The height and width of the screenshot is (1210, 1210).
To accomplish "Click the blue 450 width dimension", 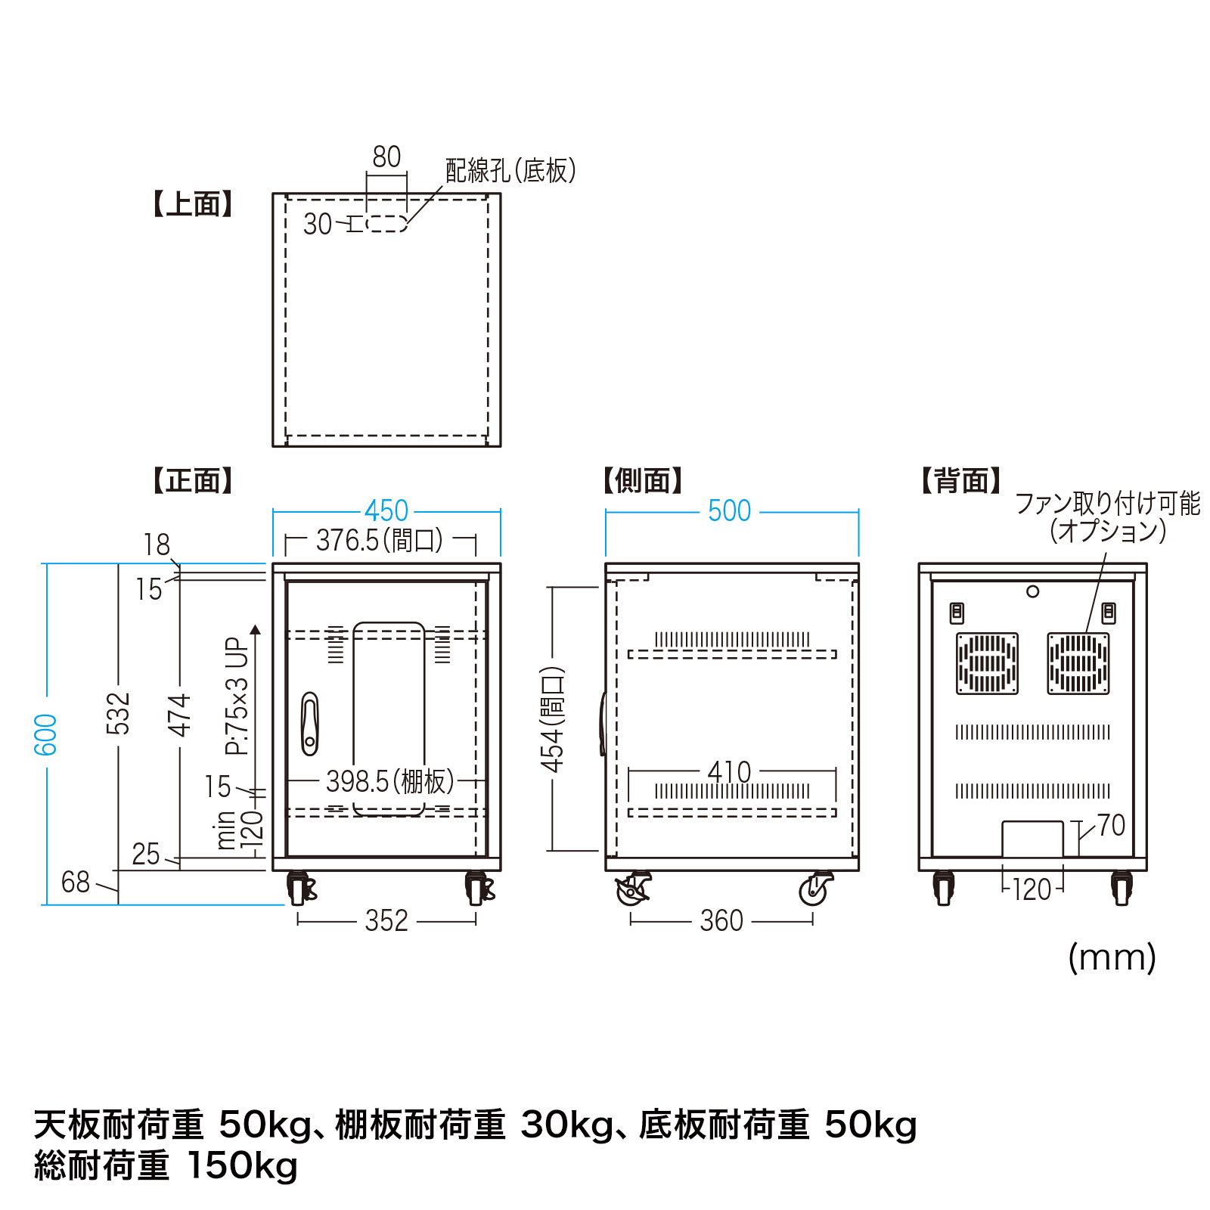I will (x=386, y=511).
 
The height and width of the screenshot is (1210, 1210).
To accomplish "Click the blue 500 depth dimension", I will (x=729, y=511).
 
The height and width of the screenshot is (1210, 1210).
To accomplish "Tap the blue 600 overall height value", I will (x=46, y=734).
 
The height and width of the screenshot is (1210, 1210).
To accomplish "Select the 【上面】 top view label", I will (x=192, y=204).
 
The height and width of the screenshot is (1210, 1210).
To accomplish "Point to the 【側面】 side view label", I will (x=643, y=481).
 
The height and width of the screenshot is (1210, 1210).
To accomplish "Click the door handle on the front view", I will (x=309, y=724).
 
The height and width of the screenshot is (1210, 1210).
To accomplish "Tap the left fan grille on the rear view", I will (x=987, y=664).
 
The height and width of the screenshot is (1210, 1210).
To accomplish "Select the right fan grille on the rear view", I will (x=1078, y=664).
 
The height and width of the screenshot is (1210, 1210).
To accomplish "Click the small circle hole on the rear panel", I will (x=1032, y=591).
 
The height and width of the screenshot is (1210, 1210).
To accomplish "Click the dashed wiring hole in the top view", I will (x=386, y=224).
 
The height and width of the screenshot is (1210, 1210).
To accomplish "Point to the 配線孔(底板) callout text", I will (x=510, y=171).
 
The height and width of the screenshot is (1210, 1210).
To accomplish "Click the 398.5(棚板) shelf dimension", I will (x=389, y=781).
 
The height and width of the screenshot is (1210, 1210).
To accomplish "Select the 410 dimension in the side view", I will (x=729, y=772).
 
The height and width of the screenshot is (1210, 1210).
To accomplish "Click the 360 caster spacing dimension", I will (x=721, y=921).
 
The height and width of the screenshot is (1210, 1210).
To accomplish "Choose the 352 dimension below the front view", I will (x=386, y=921).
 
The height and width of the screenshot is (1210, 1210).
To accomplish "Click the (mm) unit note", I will (x=1112, y=958).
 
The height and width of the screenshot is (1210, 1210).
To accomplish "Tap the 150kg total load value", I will (x=242, y=1165).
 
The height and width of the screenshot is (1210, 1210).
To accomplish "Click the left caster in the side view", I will (x=633, y=889).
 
